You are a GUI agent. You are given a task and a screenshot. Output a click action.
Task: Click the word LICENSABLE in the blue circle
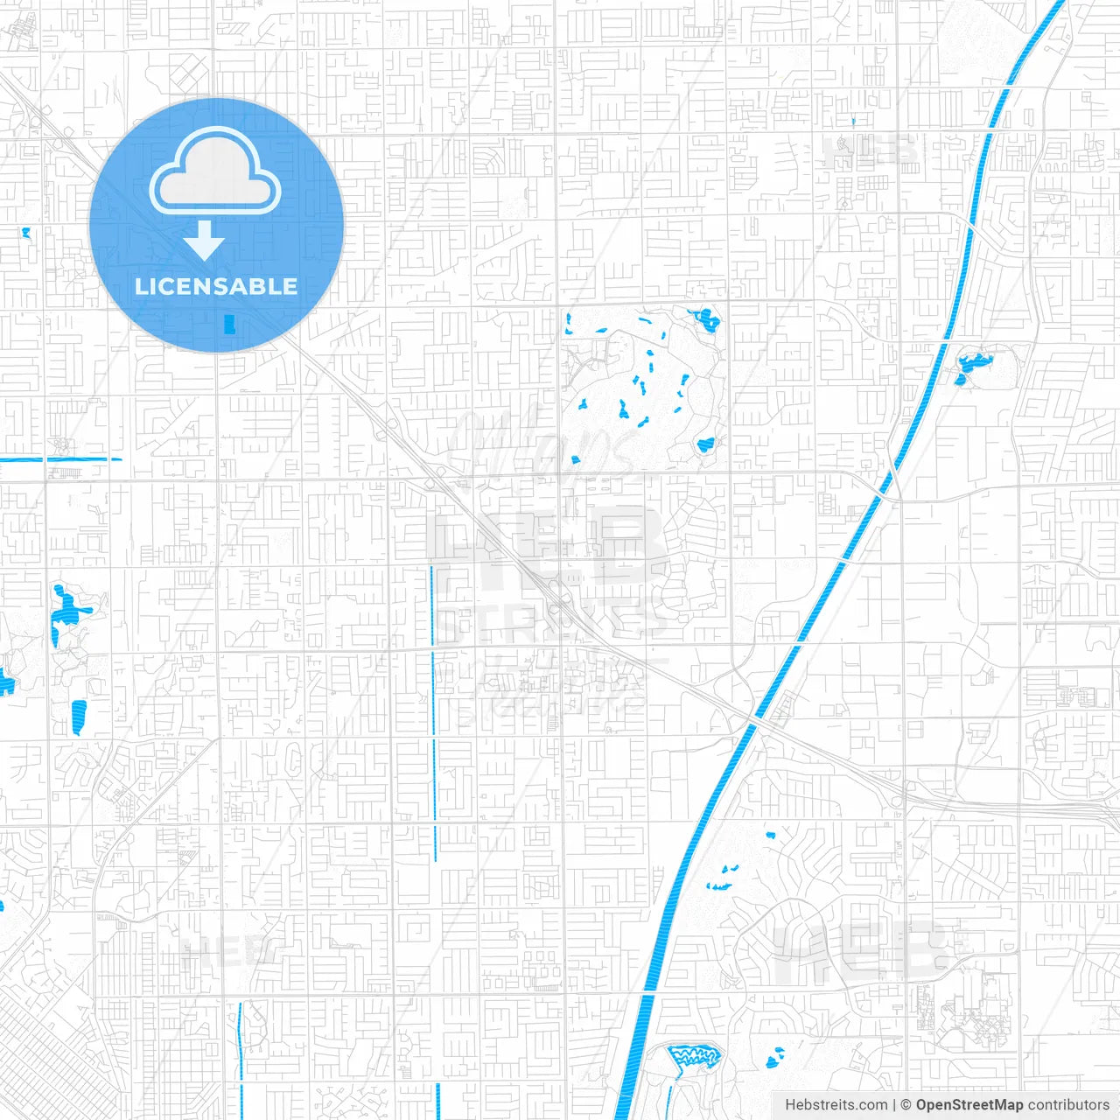click(x=216, y=286)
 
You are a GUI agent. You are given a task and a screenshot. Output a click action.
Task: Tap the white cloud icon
click(x=215, y=171)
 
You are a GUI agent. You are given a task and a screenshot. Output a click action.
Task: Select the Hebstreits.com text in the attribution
click(x=836, y=1105)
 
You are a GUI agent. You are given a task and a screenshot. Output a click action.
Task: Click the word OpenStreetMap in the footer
click(x=969, y=1105)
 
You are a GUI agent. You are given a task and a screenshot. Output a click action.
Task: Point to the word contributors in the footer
click(x=1068, y=1105)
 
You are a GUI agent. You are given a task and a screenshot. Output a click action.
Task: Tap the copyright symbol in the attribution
click(x=906, y=1105)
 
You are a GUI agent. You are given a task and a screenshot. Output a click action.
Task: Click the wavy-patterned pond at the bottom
click(x=696, y=1055)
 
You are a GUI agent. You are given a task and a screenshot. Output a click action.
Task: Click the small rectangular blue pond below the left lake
click(x=79, y=716)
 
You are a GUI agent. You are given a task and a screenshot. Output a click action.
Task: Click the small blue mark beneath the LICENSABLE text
click(x=230, y=324)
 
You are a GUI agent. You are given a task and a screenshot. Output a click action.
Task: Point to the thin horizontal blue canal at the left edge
click(x=61, y=459)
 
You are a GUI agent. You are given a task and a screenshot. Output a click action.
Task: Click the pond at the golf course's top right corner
click(x=706, y=319)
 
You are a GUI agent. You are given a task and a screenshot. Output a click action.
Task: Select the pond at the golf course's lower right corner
click(x=705, y=444)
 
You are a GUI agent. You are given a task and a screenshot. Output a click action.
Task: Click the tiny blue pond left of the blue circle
click(x=25, y=234)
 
